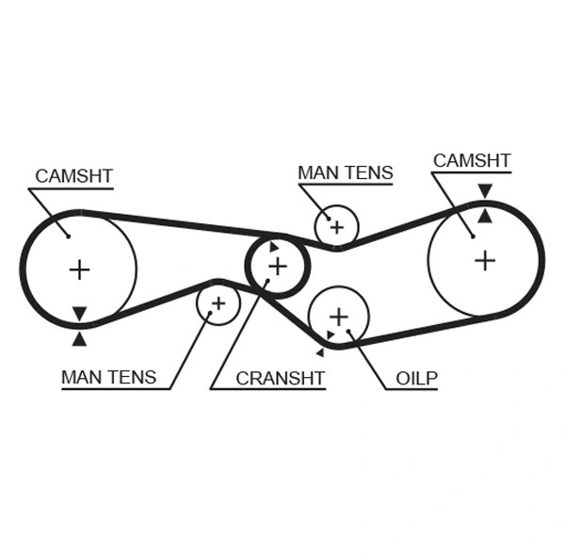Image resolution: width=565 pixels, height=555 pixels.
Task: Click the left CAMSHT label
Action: [x=73, y=175]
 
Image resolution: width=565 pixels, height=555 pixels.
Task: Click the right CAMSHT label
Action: [x=471, y=160]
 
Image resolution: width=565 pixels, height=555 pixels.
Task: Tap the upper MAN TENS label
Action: [x=345, y=172]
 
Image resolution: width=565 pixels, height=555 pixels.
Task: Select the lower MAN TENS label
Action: [x=108, y=377]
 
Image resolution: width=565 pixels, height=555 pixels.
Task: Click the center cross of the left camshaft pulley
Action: [x=79, y=270]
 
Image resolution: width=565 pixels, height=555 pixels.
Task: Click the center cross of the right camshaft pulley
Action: [x=484, y=260]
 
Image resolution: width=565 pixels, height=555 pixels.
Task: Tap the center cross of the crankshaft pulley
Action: [x=277, y=267]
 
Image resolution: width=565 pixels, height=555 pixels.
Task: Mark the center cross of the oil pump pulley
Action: [x=338, y=316]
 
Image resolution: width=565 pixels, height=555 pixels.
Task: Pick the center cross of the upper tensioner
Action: [x=336, y=226]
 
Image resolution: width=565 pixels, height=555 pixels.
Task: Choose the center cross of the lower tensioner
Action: [x=218, y=303]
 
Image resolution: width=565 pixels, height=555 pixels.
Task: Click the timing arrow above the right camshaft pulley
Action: [x=484, y=191]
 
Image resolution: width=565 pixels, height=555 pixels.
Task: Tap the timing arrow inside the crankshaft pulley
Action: [x=274, y=248]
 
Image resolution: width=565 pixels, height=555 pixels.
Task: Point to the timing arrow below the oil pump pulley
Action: [x=320, y=352]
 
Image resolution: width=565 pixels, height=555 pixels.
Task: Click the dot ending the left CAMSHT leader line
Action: [x=68, y=236]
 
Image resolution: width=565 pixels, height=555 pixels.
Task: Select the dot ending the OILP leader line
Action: [x=349, y=331]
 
